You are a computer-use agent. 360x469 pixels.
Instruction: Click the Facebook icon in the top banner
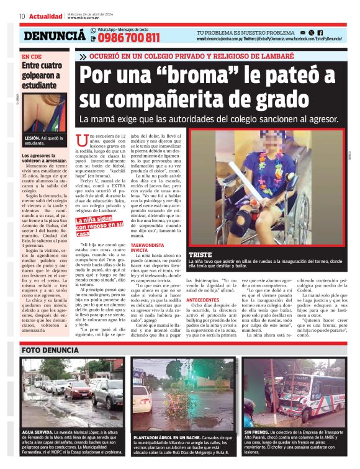(320, 31)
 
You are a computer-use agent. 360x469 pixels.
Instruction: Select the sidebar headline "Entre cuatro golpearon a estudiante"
(43, 74)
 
